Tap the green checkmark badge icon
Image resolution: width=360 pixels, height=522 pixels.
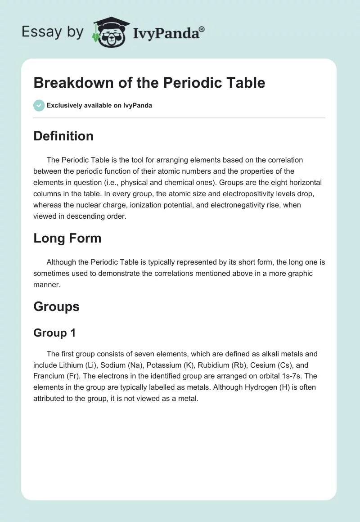(39, 105)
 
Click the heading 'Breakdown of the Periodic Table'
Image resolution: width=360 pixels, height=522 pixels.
(149, 83)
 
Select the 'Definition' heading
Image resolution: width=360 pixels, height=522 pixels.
(63, 136)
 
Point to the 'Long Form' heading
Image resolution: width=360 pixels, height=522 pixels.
(67, 238)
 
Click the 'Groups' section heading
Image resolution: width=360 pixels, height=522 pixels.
(56, 306)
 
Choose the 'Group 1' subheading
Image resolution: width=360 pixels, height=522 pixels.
(54, 333)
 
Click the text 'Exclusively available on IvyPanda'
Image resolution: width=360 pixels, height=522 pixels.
(99, 105)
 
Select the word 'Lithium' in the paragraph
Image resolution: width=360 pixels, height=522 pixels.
(71, 365)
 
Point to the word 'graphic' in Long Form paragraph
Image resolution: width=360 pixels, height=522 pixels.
(300, 273)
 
